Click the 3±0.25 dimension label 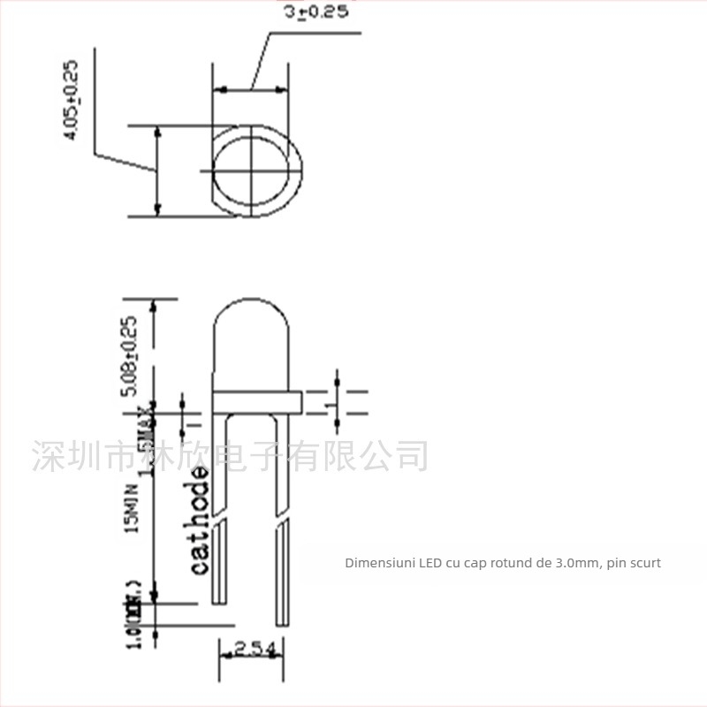click(316, 12)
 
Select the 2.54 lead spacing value click(255, 651)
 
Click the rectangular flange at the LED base click(257, 402)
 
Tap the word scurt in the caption click(646, 562)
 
